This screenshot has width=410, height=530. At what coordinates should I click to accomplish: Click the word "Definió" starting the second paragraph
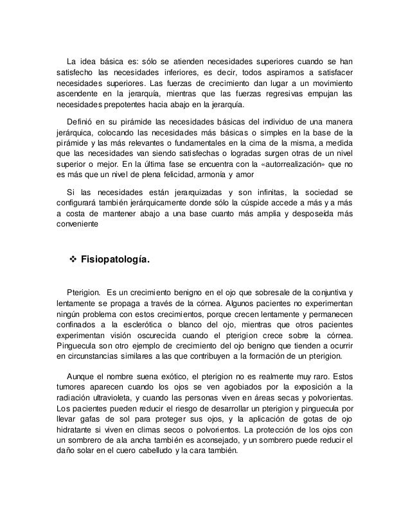coord(82,122)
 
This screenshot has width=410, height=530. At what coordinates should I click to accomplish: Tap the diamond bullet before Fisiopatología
coord(72,260)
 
